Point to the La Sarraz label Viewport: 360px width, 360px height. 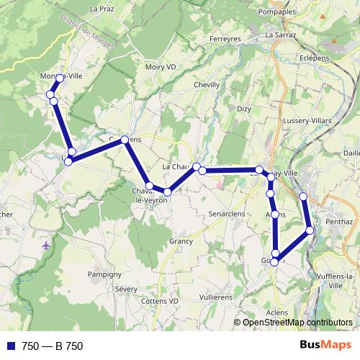tap(280, 34)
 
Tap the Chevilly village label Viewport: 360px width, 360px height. tap(207, 84)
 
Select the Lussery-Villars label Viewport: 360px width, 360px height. tap(306, 120)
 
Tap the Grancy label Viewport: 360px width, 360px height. tap(181, 241)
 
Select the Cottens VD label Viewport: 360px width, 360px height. tap(160, 300)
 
